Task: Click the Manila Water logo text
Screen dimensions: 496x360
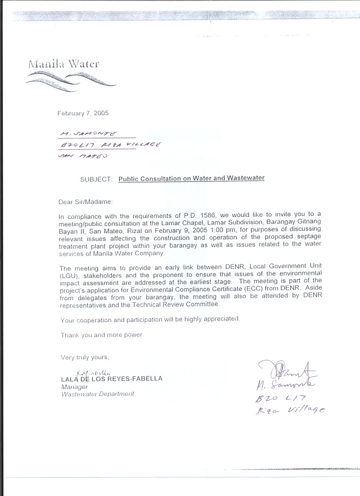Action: tap(64, 64)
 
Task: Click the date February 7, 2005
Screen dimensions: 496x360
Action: tap(83, 113)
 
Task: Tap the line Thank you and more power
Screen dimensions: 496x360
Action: tap(102, 335)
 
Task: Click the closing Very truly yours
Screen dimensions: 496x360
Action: tap(85, 357)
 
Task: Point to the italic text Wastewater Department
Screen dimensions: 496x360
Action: tap(97, 394)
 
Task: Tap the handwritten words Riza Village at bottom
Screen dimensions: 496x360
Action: tap(290, 410)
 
